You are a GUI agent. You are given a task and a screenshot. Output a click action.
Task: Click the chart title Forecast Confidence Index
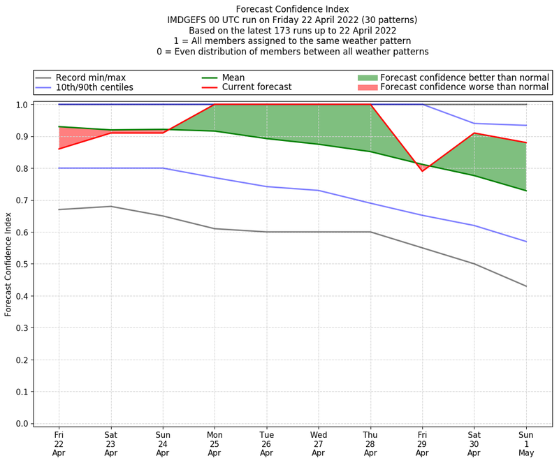293,9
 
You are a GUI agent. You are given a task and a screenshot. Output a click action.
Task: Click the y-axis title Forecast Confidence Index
9,264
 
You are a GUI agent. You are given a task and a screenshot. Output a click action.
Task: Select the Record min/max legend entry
89,78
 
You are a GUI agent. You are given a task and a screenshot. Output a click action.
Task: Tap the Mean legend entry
231,78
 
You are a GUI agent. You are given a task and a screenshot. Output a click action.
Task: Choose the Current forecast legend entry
256,88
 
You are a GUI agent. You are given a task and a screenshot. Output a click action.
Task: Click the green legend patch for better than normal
368,78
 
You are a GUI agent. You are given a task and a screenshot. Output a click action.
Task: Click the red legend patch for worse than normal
368,88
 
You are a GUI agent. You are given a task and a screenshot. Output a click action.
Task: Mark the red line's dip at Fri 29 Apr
422,170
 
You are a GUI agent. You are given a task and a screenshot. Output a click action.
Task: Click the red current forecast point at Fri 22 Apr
59,149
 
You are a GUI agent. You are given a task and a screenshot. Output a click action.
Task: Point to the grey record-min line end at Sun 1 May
526,286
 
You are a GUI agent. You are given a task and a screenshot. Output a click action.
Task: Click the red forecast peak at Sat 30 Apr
474,133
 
